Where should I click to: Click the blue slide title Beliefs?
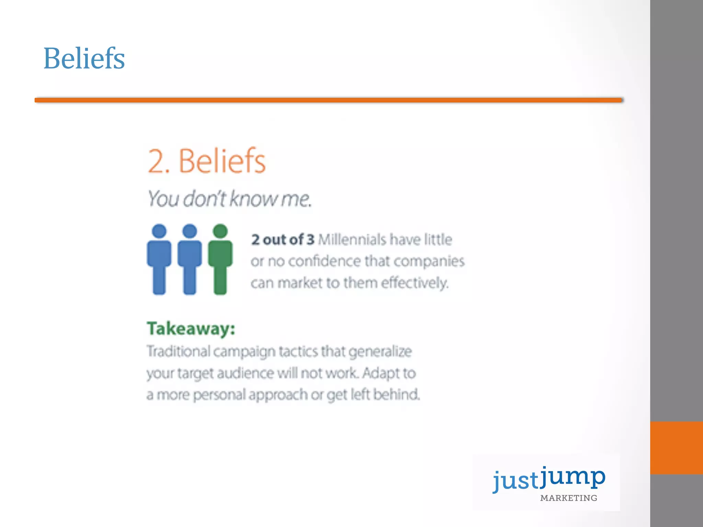point(84,59)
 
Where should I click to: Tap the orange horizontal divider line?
point(329,100)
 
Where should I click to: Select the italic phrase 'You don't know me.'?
point(229,199)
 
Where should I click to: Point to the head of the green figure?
point(220,231)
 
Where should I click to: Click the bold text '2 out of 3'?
point(283,239)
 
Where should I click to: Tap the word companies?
point(429,261)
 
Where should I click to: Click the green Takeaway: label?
point(191,329)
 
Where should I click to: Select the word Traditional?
point(178,351)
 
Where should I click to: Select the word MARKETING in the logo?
point(568,498)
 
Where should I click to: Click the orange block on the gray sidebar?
point(676,448)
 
